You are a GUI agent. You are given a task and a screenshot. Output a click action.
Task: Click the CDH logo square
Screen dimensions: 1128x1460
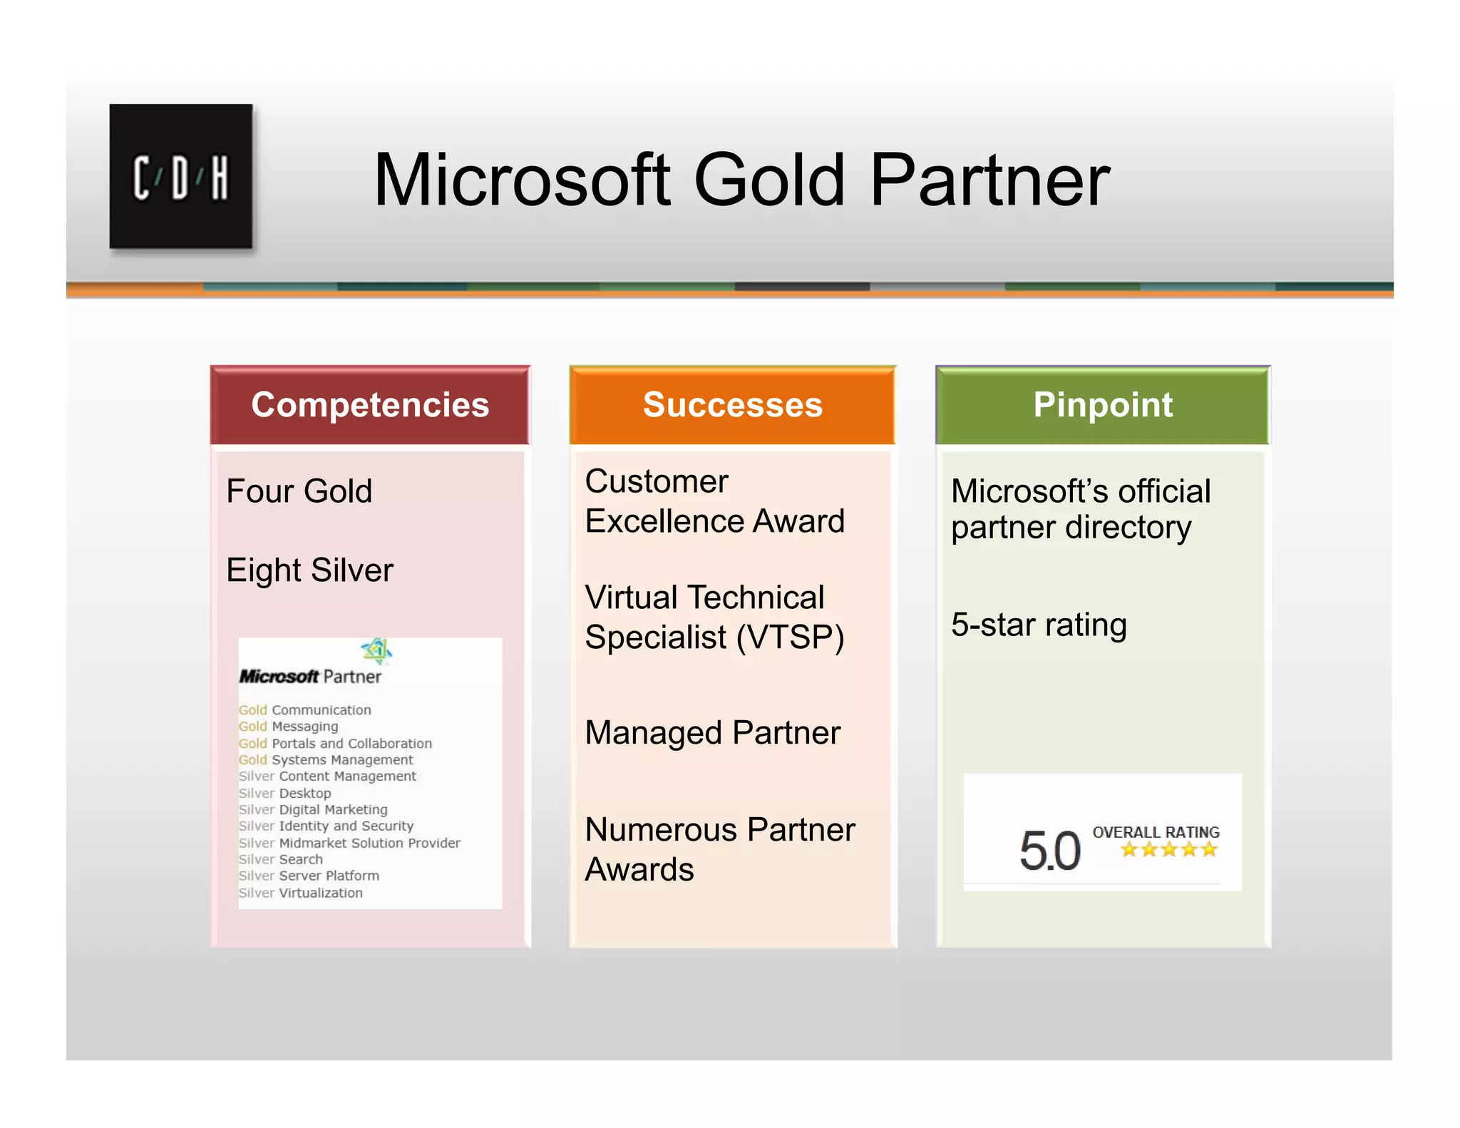(x=181, y=176)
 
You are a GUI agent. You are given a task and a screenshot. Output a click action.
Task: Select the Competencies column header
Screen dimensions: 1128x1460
(x=370, y=405)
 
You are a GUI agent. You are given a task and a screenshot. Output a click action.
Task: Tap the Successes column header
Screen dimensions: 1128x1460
(x=732, y=405)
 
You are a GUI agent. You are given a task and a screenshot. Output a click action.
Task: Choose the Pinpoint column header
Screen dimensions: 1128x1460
(x=1102, y=405)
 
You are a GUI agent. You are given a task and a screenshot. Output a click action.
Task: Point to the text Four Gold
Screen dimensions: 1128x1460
(x=299, y=491)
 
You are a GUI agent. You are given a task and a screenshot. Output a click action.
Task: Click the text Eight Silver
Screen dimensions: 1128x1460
(x=309, y=570)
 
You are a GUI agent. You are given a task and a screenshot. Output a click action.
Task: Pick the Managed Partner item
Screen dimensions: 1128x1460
(x=712, y=733)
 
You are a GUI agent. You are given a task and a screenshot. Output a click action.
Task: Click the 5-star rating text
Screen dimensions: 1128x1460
(x=1039, y=625)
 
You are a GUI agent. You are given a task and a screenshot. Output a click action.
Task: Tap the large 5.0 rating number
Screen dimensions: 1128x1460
(x=1049, y=851)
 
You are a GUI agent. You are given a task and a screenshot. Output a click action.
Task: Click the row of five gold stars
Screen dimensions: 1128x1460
(x=1168, y=849)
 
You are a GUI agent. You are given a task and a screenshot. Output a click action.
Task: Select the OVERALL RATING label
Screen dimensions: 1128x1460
(x=1156, y=832)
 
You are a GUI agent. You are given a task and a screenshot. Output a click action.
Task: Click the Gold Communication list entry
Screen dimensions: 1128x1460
(x=305, y=710)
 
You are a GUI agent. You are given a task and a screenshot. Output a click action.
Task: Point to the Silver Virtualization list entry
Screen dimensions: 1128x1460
(x=300, y=893)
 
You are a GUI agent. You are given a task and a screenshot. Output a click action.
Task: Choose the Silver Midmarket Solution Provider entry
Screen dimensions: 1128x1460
(x=349, y=843)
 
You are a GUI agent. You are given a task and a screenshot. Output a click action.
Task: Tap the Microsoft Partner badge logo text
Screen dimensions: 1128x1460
(x=310, y=676)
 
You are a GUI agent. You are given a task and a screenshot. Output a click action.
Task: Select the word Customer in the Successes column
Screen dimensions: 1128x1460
(x=657, y=482)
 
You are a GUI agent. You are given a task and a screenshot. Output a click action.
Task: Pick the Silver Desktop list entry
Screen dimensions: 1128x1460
(x=284, y=793)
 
